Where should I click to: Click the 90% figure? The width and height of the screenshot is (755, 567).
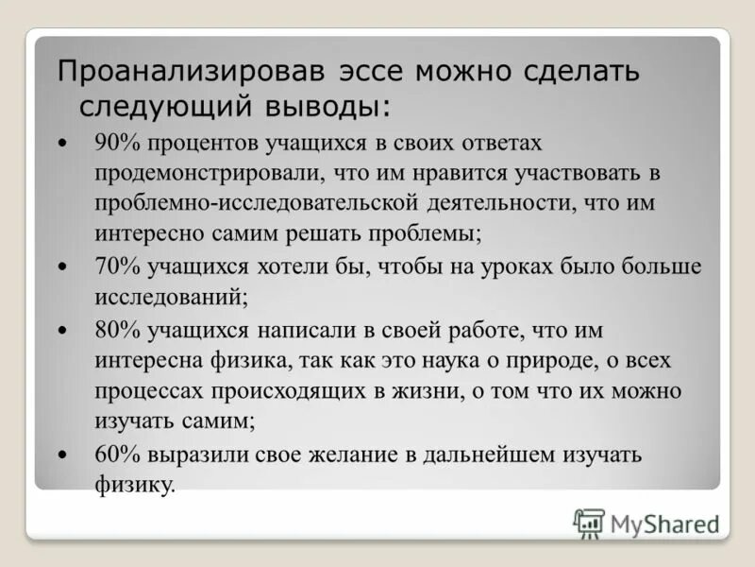pyautogui.click(x=118, y=142)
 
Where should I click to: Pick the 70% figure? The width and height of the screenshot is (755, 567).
pyautogui.click(x=118, y=266)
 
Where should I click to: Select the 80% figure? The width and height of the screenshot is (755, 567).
pyautogui.click(x=118, y=331)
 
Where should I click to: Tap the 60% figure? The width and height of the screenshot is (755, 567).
pyautogui.click(x=118, y=455)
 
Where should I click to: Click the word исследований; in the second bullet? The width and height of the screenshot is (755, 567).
pyautogui.click(x=171, y=297)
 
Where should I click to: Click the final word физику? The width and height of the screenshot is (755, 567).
pyautogui.click(x=135, y=486)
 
